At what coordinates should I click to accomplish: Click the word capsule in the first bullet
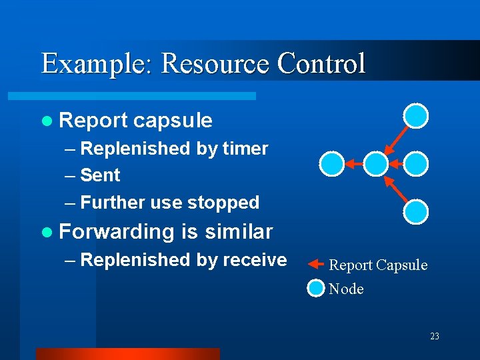click(x=173, y=121)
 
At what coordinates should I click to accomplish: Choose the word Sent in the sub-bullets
click(x=100, y=175)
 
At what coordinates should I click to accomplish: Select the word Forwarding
click(x=117, y=231)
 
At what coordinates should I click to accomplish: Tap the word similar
click(x=239, y=231)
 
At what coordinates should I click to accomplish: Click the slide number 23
click(x=435, y=337)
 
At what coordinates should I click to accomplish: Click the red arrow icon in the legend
click(x=315, y=265)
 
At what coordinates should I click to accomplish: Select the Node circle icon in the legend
click(x=316, y=289)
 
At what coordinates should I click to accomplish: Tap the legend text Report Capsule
click(x=378, y=265)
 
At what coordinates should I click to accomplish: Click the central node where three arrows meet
click(x=376, y=163)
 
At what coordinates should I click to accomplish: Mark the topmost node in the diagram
click(x=417, y=115)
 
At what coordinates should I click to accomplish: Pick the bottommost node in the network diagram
click(x=417, y=211)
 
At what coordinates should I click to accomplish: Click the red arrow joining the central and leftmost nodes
click(x=354, y=163)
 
